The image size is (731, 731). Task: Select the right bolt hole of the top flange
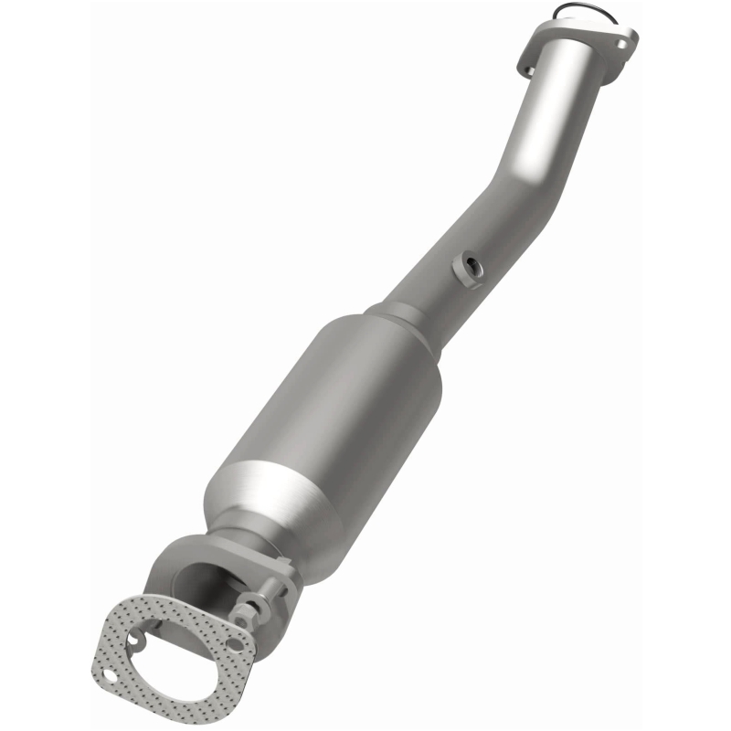[626, 40]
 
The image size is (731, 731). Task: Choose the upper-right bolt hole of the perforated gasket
[237, 644]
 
